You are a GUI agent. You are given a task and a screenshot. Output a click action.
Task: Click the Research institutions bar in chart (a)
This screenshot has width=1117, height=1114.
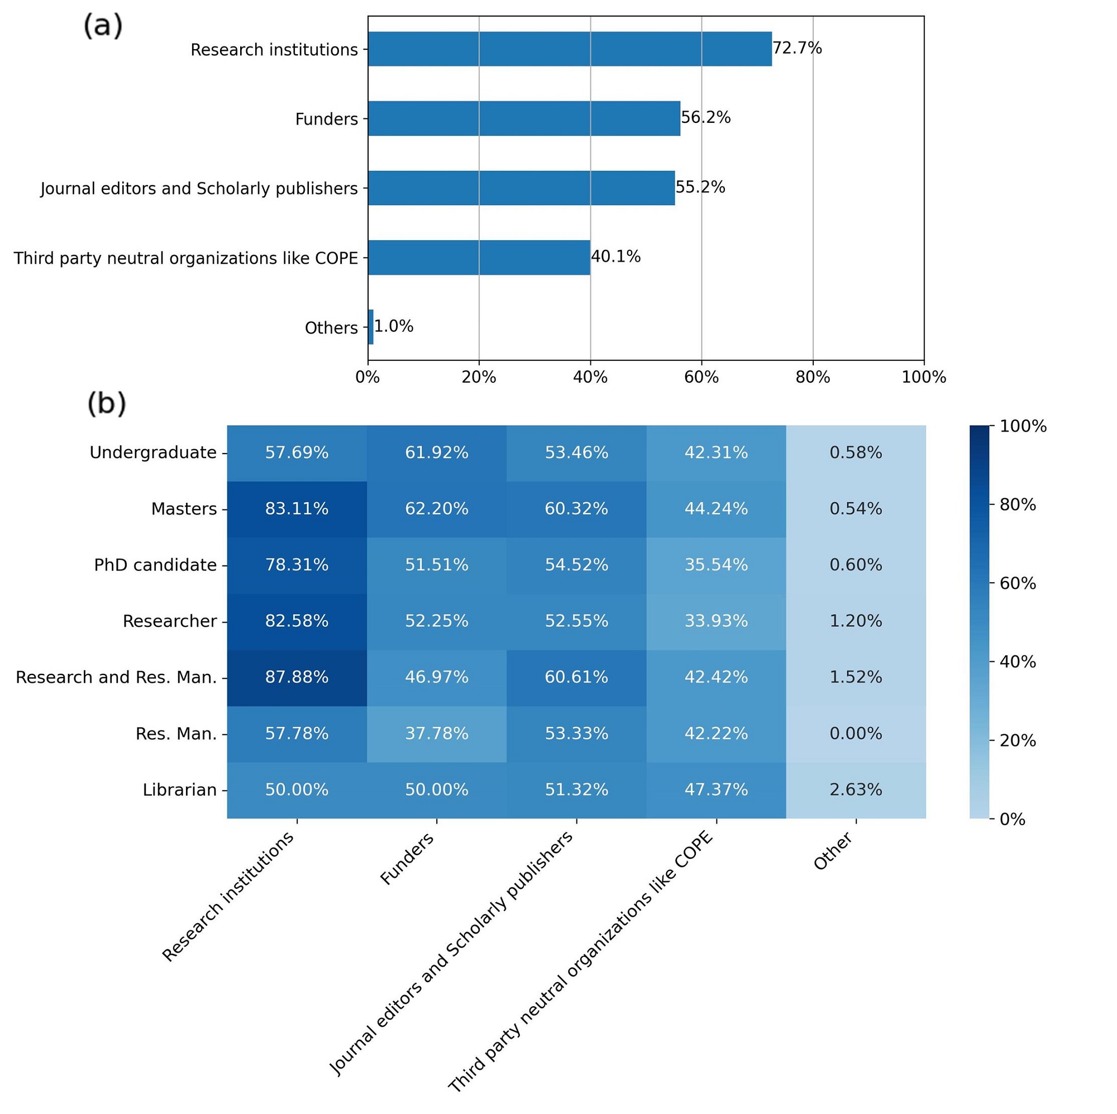570,49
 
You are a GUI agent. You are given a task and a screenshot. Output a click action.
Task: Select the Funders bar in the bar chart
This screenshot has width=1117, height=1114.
524,118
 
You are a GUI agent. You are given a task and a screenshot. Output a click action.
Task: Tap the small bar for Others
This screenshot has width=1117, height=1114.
371,327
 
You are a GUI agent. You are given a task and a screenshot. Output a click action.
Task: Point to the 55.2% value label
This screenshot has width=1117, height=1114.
700,187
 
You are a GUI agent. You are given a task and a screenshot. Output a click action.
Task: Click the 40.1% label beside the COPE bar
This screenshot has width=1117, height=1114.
615,257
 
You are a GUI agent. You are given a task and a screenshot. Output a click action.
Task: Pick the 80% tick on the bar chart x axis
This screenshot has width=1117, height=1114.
813,378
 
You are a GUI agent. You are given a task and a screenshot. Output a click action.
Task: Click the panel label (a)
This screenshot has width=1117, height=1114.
103,27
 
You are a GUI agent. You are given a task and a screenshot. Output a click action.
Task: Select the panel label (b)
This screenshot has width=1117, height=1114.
106,404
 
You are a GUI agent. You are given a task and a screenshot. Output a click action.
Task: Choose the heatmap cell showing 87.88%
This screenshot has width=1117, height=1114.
297,677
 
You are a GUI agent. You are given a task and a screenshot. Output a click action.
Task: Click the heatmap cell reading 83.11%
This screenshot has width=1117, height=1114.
297,509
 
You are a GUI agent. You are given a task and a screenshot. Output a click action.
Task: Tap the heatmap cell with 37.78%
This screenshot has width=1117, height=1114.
437,734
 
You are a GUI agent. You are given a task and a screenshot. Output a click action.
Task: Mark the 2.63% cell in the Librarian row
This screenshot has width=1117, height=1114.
856,789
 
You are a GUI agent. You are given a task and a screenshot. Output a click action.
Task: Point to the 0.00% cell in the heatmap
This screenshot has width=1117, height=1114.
856,734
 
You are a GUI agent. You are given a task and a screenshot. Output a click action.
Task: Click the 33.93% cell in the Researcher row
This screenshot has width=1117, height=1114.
716,621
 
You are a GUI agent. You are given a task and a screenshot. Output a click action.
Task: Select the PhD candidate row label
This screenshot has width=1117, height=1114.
155,565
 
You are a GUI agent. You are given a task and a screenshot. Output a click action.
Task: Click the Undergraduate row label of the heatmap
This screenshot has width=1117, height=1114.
152,453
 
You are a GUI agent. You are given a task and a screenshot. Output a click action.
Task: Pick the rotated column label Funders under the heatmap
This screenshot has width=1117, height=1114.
407,859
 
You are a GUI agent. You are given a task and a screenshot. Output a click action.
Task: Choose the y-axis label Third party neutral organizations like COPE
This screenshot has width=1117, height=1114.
185,258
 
